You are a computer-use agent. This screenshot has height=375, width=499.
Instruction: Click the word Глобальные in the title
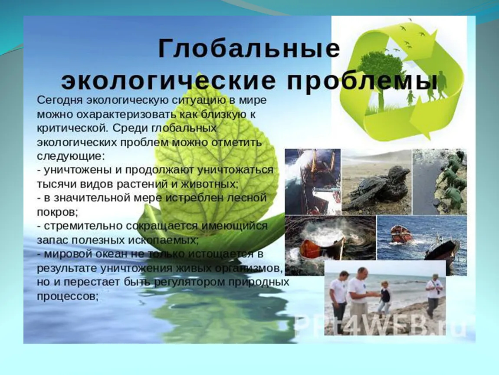249,49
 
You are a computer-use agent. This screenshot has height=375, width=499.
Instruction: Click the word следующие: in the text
71,156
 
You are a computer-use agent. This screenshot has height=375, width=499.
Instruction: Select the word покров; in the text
58,212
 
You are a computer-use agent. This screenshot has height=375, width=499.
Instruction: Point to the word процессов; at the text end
67,296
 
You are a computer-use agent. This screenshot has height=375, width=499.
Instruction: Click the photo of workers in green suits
440,182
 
